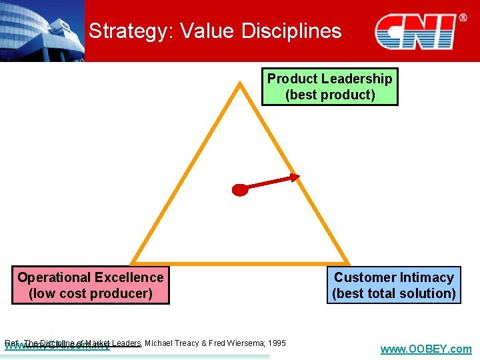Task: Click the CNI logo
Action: tap(415, 31)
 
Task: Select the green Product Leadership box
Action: tap(329, 87)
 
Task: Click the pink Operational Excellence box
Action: tap(90, 285)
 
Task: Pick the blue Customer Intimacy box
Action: tap(393, 285)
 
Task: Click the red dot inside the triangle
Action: tap(240, 189)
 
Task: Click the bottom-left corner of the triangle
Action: tap(133, 262)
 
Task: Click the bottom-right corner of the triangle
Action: tap(347, 262)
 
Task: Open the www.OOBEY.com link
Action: tap(425, 349)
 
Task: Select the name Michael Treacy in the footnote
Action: tap(171, 343)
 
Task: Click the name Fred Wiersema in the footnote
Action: tap(237, 343)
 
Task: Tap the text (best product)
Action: tap(329, 95)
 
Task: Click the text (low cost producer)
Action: tap(90, 293)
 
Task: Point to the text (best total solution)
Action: tap(393, 293)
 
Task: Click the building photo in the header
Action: tap(42, 31)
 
